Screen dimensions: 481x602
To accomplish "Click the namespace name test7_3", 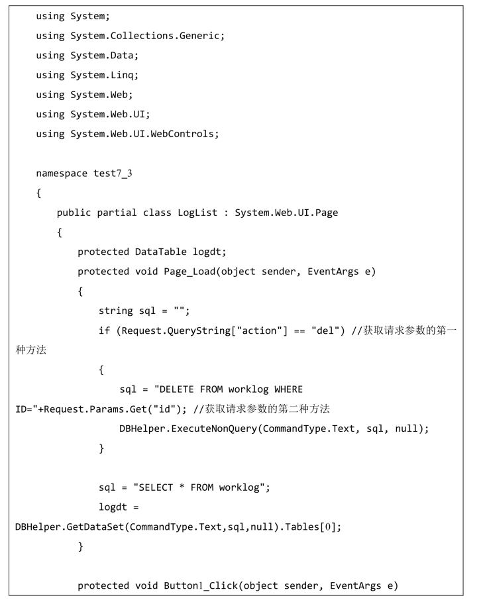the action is pos(113,174).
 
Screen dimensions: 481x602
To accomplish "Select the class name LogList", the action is pos(197,213).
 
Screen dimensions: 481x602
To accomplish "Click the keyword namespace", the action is pos(62,174).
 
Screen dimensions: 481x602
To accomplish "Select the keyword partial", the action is pos(117,213).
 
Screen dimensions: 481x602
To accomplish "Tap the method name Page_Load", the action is pos(189,272).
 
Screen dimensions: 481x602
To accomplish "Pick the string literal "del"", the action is pos(325,330).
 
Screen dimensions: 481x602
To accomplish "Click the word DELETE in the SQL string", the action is pos(177,389).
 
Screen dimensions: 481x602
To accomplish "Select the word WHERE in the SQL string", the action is pos(288,389).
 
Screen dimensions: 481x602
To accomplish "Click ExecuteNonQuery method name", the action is pos(214,429).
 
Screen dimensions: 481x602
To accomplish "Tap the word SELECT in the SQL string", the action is pos(156,487).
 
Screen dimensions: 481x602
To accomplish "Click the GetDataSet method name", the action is pos(95,527).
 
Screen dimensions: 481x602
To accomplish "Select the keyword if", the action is pos(104,330).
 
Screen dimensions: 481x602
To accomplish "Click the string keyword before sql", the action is pos(116,311).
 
